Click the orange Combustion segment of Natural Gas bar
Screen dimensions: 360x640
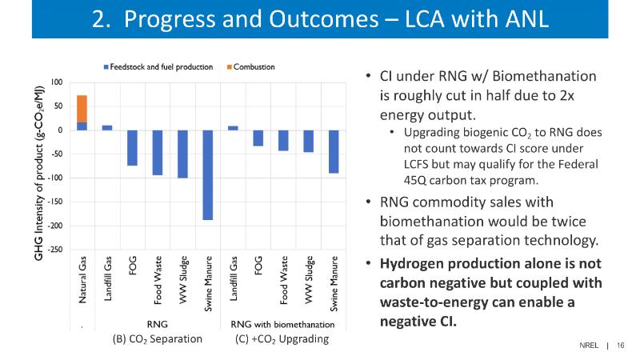[x=82, y=109]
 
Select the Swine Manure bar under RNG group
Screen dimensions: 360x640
[x=207, y=174]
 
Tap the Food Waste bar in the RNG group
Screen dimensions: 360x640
[x=158, y=152]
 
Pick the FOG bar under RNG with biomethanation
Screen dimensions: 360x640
[x=258, y=138]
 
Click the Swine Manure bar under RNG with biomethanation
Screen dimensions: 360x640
[x=333, y=151]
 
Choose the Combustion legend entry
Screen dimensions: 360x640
[x=254, y=66]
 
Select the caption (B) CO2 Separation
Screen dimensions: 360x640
[x=157, y=339]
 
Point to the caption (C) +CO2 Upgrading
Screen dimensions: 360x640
[x=282, y=339]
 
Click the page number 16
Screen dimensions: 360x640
[x=620, y=345]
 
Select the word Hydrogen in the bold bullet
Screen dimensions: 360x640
[x=414, y=263]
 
